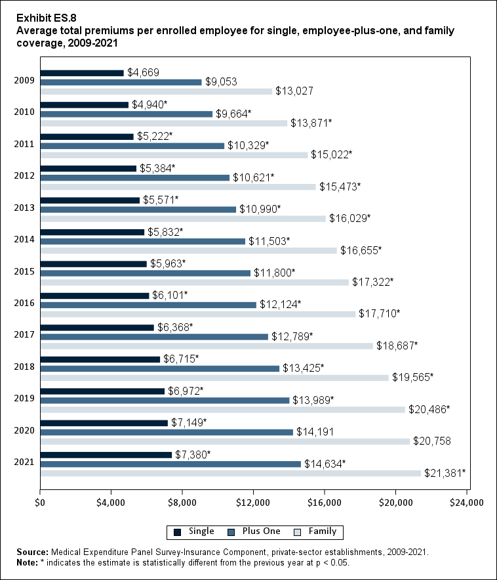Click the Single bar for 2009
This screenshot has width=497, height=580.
pyautogui.click(x=82, y=73)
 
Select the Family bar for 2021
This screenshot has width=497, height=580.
pyautogui.click(x=230, y=473)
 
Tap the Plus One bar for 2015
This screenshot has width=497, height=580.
pyautogui.click(x=145, y=273)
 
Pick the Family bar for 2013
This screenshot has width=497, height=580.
pyautogui.click(x=183, y=219)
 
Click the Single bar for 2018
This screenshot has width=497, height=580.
pyautogui.click(x=100, y=359)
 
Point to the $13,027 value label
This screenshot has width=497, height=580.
pyautogui.click(x=293, y=91)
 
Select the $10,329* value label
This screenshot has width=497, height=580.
pyautogui.click(x=248, y=145)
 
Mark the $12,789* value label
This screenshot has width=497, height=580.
pyautogui.click(x=292, y=336)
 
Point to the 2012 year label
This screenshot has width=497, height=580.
pyautogui.click(x=23, y=177)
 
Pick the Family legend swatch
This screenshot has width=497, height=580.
pyautogui.click(x=296, y=531)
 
